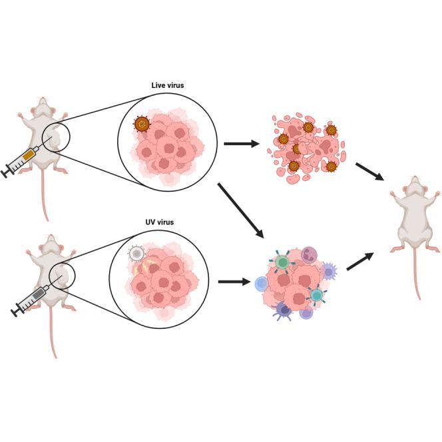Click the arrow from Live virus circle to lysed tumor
click(241, 142)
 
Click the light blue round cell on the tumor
click(261, 284)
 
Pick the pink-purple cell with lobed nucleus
click(310, 254)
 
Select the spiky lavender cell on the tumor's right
click(329, 271)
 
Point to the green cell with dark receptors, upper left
click(282, 262)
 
